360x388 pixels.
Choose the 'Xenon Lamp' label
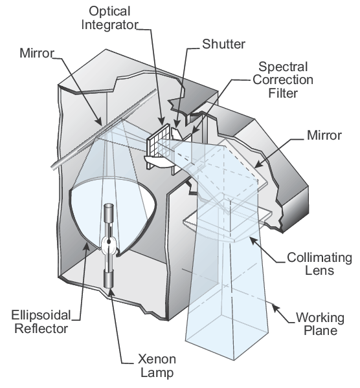pos(153,366)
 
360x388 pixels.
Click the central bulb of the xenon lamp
pos(109,244)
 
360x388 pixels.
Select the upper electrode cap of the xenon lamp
pos(109,213)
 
